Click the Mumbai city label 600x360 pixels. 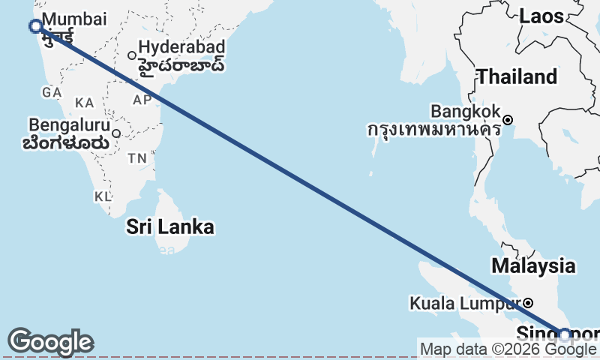75,19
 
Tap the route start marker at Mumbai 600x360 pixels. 35,26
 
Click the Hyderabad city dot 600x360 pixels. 132,55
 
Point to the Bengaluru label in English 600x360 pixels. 69,124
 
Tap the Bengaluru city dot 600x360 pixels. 116,133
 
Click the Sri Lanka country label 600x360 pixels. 169,226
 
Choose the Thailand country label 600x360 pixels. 517,76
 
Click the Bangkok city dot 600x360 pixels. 508,120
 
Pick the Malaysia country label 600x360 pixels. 533,265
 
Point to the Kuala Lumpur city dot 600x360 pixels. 528,303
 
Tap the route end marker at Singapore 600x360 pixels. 564,334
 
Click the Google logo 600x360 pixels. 50,342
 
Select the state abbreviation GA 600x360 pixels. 52,92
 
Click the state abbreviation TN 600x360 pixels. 137,158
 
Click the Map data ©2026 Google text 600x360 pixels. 507,349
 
